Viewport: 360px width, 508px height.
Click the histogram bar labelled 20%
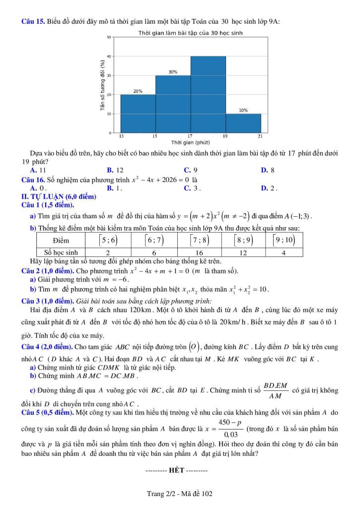point(138,114)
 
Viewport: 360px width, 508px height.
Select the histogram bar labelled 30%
point(173,104)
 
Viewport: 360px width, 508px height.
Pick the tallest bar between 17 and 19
point(208,95)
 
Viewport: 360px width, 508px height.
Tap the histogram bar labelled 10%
point(243,124)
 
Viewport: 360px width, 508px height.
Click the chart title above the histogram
point(190,33)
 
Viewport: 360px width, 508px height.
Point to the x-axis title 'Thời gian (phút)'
point(190,142)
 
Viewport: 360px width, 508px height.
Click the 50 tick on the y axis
point(109,37)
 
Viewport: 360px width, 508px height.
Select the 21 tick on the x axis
point(261,135)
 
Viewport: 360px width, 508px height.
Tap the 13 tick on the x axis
point(121,135)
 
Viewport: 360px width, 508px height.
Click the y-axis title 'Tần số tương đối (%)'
point(102,85)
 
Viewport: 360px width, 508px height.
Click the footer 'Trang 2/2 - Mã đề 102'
point(180,493)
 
